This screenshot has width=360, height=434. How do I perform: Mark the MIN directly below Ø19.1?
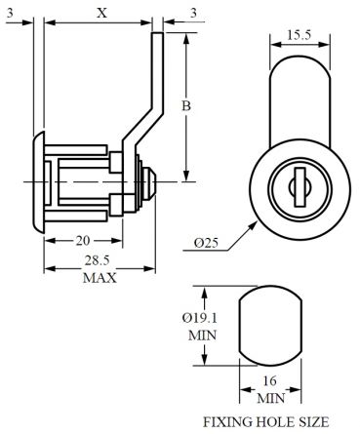(202, 333)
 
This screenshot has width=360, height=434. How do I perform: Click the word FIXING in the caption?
(226, 423)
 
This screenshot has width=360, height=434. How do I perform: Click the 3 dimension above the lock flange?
(13, 13)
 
